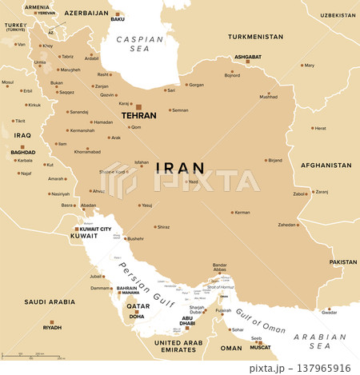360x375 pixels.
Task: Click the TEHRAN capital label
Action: point(138,116)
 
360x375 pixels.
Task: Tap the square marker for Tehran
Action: point(138,106)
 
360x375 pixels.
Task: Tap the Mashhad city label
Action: point(268,97)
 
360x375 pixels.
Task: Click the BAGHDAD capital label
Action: point(22,152)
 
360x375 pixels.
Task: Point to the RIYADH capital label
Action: point(52,328)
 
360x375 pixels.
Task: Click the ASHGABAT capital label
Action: point(247,57)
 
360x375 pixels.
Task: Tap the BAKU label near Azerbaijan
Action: point(118,19)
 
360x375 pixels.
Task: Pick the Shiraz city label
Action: point(163,227)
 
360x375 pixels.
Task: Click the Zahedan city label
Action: point(287,225)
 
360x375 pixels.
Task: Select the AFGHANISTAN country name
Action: point(325,166)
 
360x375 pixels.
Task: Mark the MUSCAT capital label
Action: point(261,348)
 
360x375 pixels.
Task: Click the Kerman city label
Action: point(242,213)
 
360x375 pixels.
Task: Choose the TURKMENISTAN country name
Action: point(255,37)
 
